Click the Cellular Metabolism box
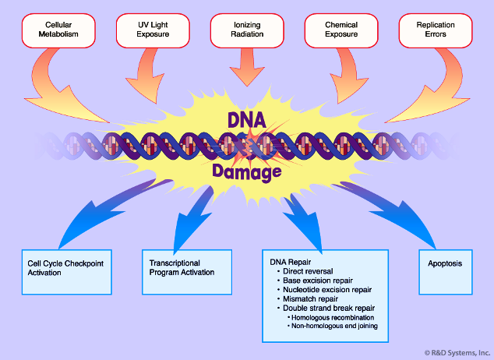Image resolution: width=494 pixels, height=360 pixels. (58, 30)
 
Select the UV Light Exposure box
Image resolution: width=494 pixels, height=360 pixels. (153, 30)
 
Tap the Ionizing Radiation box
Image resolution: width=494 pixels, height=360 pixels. (247, 30)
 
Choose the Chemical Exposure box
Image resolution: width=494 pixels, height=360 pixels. (341, 30)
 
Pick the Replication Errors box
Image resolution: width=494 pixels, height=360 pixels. (436, 30)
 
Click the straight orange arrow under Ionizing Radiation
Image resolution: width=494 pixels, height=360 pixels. (247, 67)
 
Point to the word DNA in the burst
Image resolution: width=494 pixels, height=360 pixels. (247, 120)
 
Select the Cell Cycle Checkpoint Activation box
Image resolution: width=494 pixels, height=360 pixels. (67, 272)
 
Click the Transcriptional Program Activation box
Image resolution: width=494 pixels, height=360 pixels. (187, 272)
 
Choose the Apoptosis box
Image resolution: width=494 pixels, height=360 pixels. (446, 272)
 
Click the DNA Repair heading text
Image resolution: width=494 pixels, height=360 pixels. (290, 262)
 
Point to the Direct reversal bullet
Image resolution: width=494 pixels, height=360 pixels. (305, 271)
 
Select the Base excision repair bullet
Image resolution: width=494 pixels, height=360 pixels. (315, 281)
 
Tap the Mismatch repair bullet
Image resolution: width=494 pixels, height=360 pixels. (308, 298)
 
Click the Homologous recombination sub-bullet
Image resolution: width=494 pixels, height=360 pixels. (331, 317)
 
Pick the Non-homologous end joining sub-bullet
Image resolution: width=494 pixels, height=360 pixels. (333, 326)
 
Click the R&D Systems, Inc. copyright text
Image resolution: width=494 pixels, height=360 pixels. (457, 353)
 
